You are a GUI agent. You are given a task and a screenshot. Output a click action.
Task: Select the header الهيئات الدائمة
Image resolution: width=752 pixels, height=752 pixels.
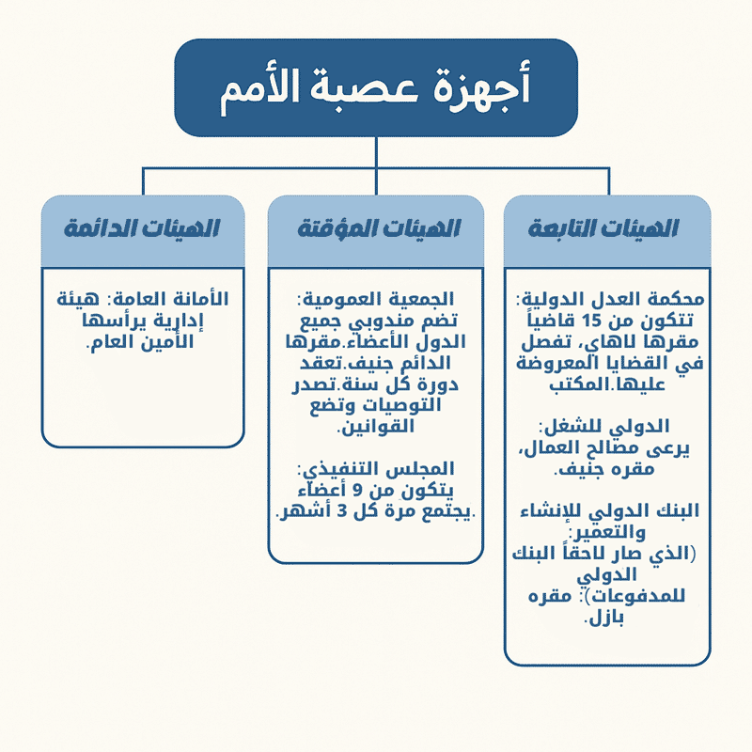(x=142, y=228)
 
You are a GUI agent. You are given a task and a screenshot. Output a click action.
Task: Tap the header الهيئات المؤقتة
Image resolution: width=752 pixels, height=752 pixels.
(x=379, y=228)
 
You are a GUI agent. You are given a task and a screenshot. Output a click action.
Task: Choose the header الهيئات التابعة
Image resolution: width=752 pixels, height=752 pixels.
(x=603, y=228)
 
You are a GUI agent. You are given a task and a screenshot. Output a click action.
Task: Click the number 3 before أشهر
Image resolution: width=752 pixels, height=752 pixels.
(x=341, y=511)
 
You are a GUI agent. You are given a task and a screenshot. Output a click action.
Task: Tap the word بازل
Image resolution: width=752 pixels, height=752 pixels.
(x=603, y=619)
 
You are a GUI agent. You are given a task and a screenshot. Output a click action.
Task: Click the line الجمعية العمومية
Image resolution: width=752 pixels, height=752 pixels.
(x=375, y=300)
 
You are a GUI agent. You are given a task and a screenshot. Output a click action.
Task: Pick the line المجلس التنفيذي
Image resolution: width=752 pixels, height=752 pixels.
(x=375, y=469)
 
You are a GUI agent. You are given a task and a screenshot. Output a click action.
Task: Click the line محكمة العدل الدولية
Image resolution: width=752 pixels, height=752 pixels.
(x=609, y=300)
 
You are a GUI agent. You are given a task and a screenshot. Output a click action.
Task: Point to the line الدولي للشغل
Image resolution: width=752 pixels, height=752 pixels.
(x=603, y=427)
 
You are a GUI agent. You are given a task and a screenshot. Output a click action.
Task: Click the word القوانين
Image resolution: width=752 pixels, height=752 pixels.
(x=375, y=427)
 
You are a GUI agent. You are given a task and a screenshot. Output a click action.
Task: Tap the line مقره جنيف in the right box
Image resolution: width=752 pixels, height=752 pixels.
(x=603, y=469)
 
